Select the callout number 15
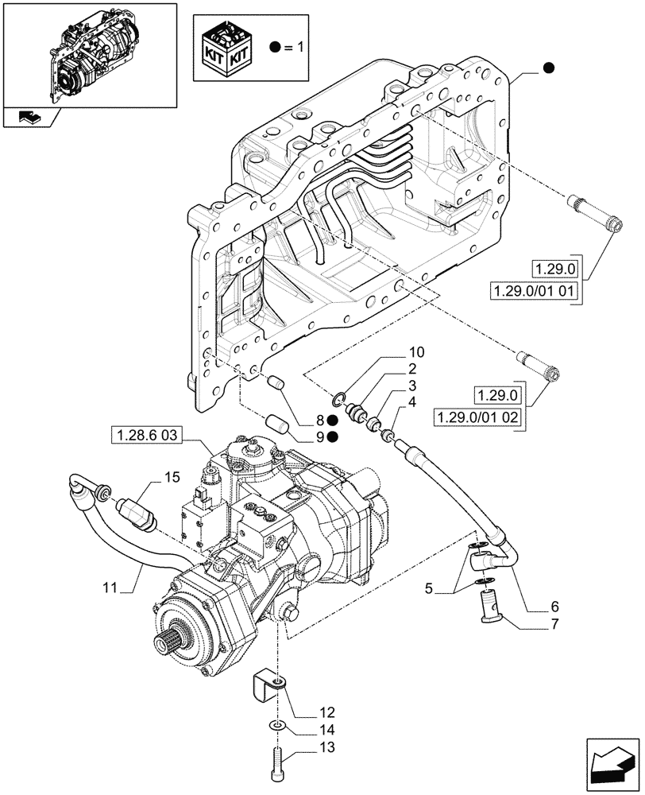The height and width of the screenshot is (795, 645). click(x=172, y=478)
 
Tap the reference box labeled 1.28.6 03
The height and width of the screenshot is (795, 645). click(x=149, y=434)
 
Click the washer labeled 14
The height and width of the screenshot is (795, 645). click(x=275, y=724)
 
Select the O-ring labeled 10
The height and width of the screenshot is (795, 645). click(x=340, y=397)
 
